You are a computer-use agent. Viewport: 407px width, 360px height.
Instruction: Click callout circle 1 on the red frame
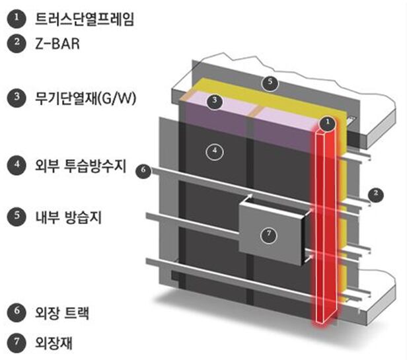[x=324, y=123]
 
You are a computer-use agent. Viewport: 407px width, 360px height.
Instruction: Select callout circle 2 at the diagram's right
[x=375, y=193]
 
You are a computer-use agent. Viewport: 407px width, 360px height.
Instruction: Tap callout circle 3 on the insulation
[x=213, y=101]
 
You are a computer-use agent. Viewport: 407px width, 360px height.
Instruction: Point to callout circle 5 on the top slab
[x=268, y=83]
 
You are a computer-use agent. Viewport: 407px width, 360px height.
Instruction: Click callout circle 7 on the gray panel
[x=268, y=233]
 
